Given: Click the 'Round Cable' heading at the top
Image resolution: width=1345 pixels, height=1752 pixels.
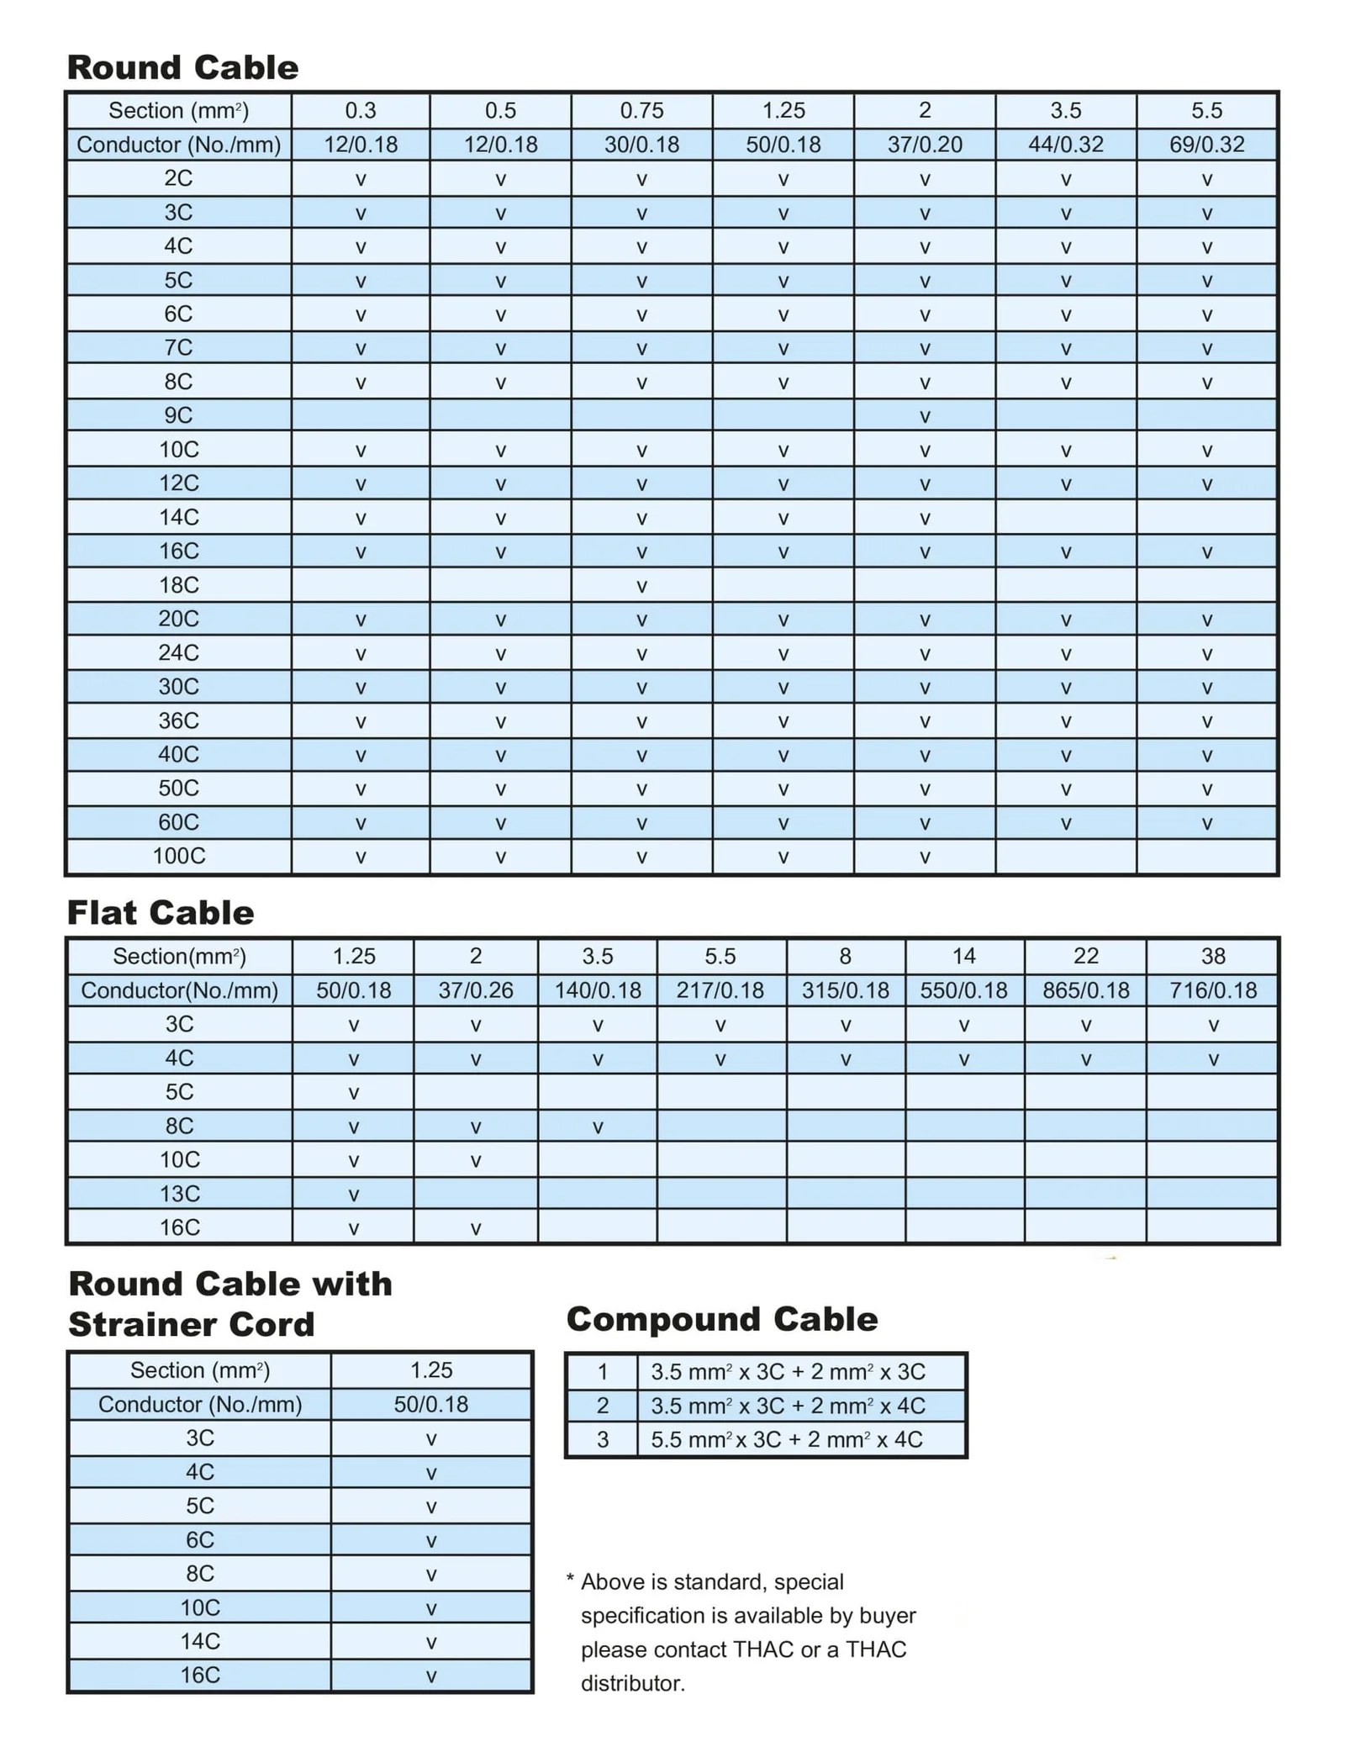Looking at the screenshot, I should tap(182, 67).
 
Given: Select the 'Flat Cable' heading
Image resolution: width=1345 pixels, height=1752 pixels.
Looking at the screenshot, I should tap(160, 913).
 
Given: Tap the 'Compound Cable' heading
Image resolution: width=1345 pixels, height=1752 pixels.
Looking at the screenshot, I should tap(721, 1319).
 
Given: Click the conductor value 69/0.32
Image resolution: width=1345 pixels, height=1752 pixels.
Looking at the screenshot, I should tap(1206, 145).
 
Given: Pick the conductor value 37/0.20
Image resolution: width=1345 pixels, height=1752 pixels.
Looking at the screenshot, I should tap(925, 145).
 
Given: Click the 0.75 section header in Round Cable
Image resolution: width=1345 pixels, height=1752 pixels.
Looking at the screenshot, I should tap(641, 110).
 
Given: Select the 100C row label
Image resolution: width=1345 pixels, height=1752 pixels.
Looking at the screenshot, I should tap(179, 856).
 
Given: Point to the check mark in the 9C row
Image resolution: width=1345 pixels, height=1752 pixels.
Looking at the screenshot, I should tap(925, 416).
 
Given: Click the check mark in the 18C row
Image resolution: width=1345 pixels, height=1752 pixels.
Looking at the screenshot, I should tap(641, 586).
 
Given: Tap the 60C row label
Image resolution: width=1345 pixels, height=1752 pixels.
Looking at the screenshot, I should tap(179, 822).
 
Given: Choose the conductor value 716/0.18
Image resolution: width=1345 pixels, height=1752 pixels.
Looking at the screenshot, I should tap(1212, 990).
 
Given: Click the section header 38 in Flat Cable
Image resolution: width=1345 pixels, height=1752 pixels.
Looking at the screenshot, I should tap(1212, 956).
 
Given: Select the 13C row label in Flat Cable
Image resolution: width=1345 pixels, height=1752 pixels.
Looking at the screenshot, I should tap(180, 1194).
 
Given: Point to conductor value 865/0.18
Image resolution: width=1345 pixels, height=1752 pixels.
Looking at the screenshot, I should tap(1085, 990).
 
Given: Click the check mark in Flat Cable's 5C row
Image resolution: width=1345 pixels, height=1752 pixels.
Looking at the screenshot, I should tap(354, 1093).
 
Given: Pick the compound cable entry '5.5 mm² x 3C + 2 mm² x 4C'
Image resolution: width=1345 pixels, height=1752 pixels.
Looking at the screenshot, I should tap(786, 1440).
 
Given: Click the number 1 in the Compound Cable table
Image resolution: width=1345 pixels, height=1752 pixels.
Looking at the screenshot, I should tap(602, 1372).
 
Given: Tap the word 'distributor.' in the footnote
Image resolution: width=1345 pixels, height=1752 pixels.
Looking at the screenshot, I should tap(633, 1684).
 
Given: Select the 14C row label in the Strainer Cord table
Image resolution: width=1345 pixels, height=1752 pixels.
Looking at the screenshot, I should tap(200, 1641).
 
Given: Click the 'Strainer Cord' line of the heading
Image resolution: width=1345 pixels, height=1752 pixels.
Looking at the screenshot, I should tap(192, 1325).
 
